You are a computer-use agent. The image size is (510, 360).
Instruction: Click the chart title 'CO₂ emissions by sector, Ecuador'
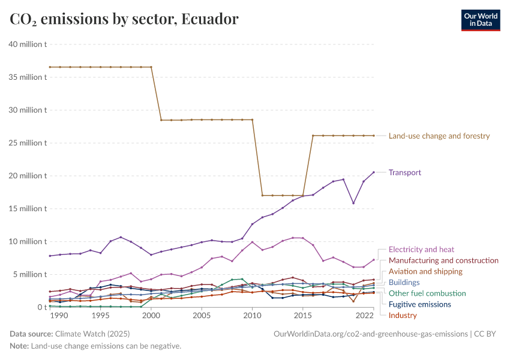[x=124, y=19]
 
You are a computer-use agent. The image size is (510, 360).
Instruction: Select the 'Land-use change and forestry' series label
[x=439, y=136]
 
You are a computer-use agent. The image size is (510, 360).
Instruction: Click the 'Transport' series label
[x=405, y=173]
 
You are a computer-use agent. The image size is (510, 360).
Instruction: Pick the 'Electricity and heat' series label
[x=421, y=250]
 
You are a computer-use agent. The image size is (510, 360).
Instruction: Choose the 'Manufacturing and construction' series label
[x=443, y=260]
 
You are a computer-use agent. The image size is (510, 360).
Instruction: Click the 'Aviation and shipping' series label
[x=426, y=271]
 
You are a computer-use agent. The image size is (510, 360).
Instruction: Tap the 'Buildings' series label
[x=404, y=283]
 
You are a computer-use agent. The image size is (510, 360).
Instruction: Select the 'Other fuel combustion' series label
[x=427, y=293]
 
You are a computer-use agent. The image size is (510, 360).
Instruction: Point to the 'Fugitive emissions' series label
[x=419, y=305]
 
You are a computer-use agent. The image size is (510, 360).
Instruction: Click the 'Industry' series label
[x=403, y=316]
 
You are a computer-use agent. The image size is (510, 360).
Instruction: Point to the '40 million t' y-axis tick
[x=27, y=44]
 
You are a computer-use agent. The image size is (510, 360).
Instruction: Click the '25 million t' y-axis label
[x=27, y=143]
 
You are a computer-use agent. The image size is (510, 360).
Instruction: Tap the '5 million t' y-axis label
[x=29, y=274]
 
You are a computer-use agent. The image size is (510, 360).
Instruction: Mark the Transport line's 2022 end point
[x=374, y=172]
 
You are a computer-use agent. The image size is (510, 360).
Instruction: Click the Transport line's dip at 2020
[x=353, y=203]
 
